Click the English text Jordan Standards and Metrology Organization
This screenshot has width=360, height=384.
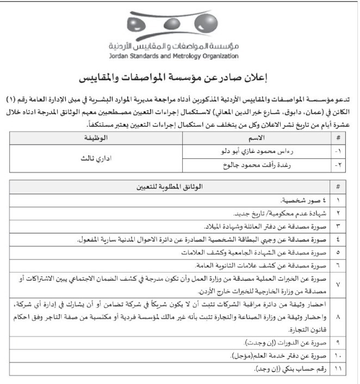pyautogui.click(x=173, y=55)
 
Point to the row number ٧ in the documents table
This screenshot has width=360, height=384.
pyautogui.click(x=338, y=284)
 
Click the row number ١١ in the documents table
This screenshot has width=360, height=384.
pyautogui.click(x=338, y=370)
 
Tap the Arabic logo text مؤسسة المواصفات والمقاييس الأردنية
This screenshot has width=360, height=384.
pyautogui.click(x=173, y=45)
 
